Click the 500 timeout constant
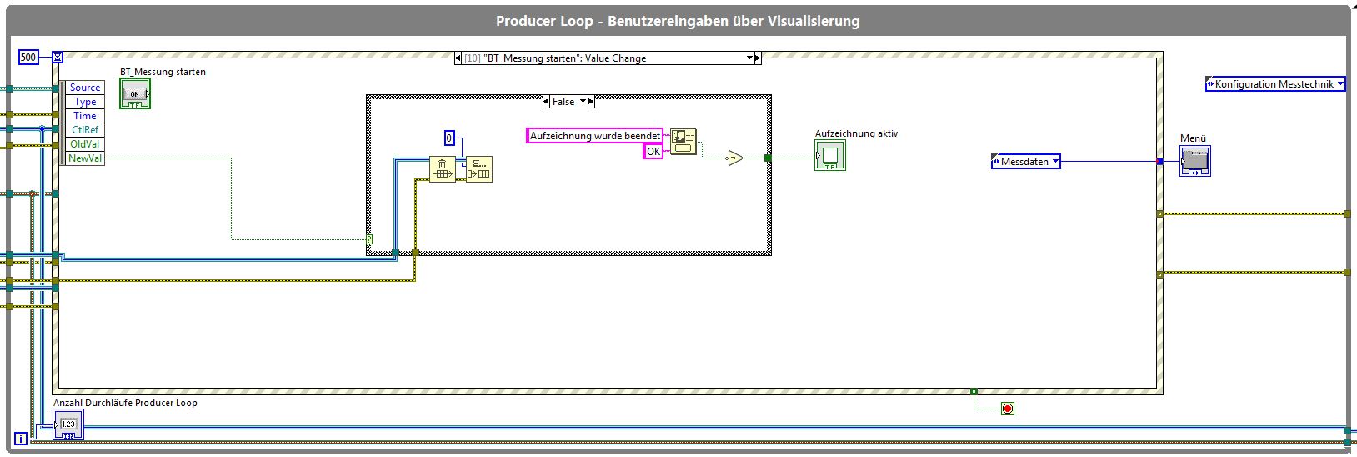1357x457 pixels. coord(28,58)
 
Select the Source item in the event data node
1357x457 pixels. coord(85,88)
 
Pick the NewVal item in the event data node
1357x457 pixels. coord(85,158)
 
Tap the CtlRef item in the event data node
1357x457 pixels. coord(85,130)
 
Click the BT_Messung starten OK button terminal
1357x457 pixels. coord(134,94)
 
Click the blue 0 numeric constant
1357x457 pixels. coord(449,138)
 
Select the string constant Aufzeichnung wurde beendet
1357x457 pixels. coord(595,136)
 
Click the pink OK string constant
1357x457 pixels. coord(653,152)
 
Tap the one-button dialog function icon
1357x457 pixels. coord(683,142)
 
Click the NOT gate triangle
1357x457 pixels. coord(735,158)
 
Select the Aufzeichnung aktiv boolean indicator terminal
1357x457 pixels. coord(830,155)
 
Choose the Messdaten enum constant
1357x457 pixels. coord(1025,162)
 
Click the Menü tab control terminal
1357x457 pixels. coord(1194,161)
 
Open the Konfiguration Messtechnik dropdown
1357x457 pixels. coord(1276,84)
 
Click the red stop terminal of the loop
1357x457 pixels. coord(1008,409)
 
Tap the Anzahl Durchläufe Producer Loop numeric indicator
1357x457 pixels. coord(68,424)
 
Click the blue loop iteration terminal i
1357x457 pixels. coord(21,438)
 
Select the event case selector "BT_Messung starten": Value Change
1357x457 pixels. coord(608,58)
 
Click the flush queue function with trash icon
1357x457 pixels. coord(443,169)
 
